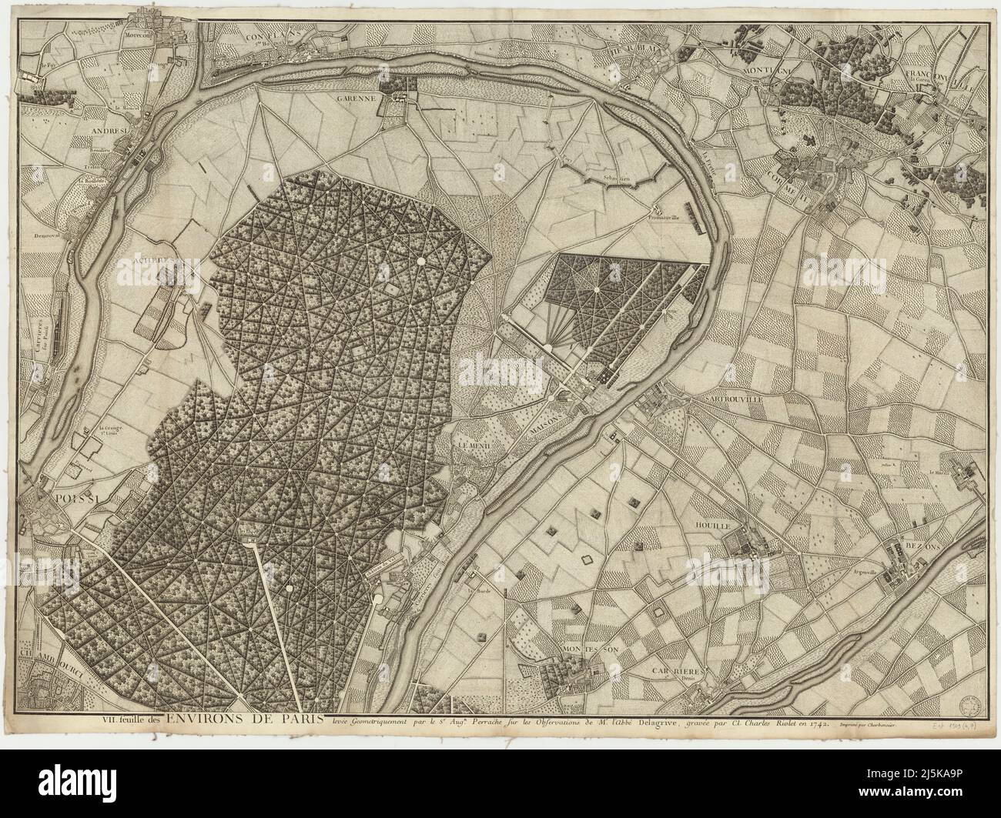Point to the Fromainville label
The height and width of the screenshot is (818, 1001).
click(x=665, y=217)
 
